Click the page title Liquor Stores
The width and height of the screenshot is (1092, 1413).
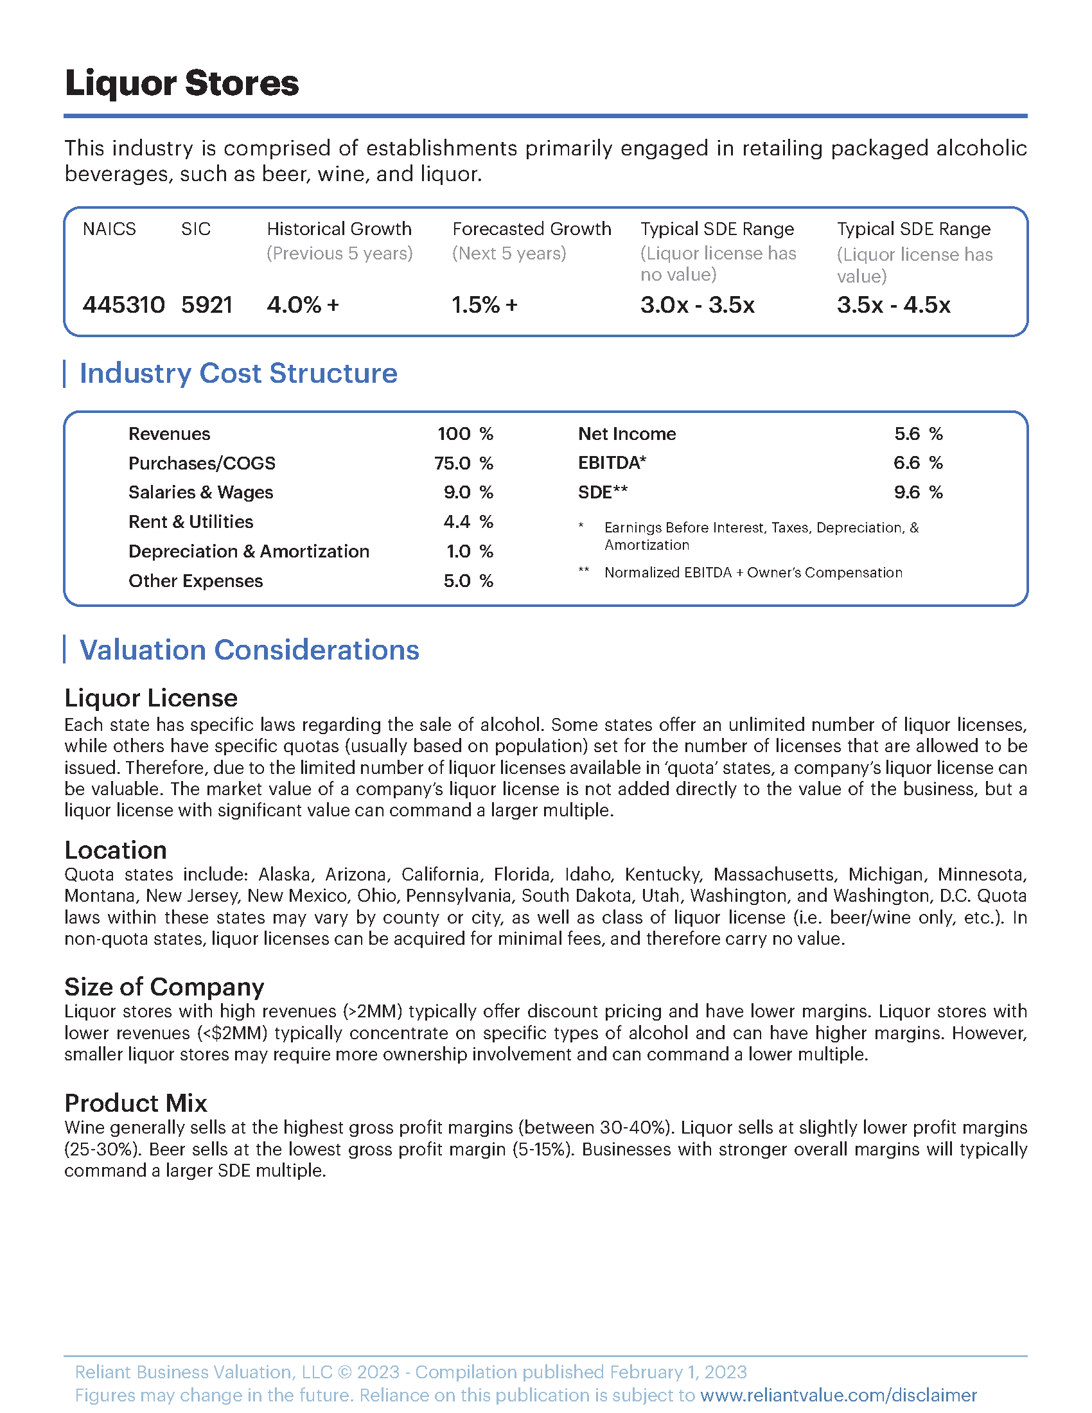182,83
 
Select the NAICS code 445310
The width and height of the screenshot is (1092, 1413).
123,304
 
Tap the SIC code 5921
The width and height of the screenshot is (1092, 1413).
206,304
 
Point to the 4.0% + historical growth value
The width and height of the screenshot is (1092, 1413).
303,304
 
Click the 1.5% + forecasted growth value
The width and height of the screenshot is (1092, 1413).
484,304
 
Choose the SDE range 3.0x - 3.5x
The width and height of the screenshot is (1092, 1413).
698,304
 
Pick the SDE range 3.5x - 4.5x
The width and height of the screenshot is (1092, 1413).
894,304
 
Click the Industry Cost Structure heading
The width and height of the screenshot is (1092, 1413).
238,373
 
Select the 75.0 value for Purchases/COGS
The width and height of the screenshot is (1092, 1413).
452,463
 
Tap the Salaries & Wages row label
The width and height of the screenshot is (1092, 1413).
200,493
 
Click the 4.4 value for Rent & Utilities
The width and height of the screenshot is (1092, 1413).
457,522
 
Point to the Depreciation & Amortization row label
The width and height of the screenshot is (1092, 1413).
249,551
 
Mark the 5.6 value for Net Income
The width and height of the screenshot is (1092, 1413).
907,434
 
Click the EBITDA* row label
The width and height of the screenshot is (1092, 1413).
612,462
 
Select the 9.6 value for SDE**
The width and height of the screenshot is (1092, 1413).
907,493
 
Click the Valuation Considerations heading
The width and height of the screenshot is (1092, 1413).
249,650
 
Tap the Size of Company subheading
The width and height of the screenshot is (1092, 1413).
164,987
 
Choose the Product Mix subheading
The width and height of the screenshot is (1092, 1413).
136,1103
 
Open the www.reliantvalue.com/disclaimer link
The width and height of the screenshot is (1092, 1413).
838,1395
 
